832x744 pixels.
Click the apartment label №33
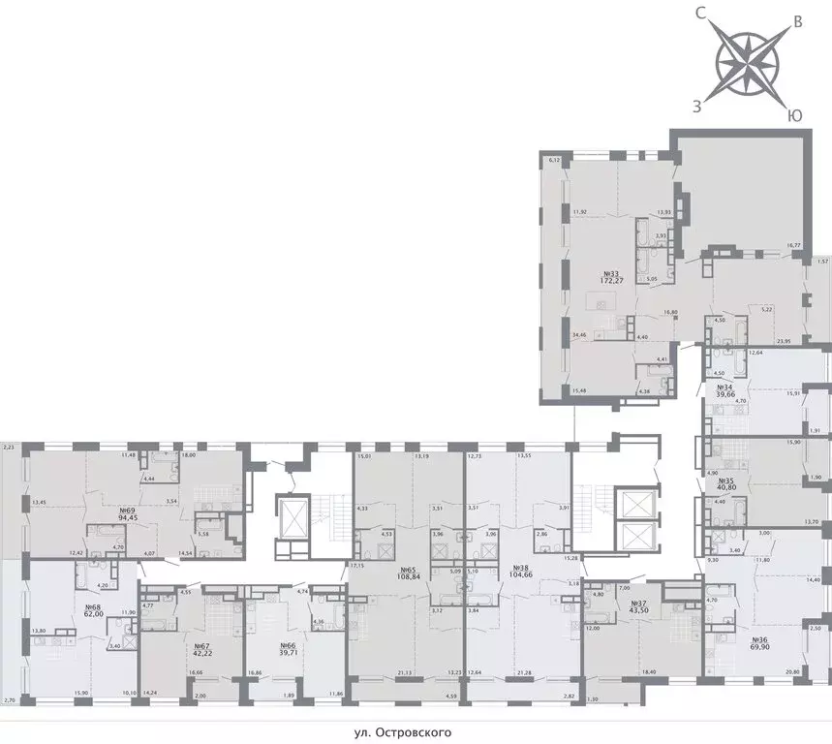pyautogui.click(x=611, y=274)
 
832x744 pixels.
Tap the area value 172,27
pyautogui.click(x=611, y=283)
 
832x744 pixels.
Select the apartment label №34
pyautogui.click(x=723, y=387)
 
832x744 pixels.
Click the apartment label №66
pyautogui.click(x=286, y=645)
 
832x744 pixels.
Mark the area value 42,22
pyautogui.click(x=201, y=654)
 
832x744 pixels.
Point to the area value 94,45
pyautogui.click(x=126, y=518)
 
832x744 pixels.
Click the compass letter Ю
pyautogui.click(x=794, y=115)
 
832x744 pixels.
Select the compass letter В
pyautogui.click(x=797, y=21)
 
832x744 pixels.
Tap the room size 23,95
pyautogui.click(x=784, y=341)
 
